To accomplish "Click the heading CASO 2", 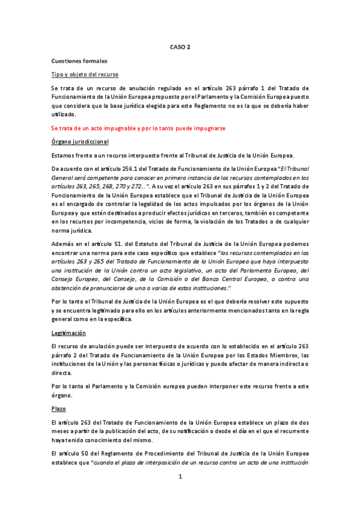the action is point(180,46).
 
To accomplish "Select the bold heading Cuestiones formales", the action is point(79,61).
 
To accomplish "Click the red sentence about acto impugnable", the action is point(138,128).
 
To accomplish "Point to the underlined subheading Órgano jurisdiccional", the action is point(80,141).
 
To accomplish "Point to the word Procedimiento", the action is point(162,454).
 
